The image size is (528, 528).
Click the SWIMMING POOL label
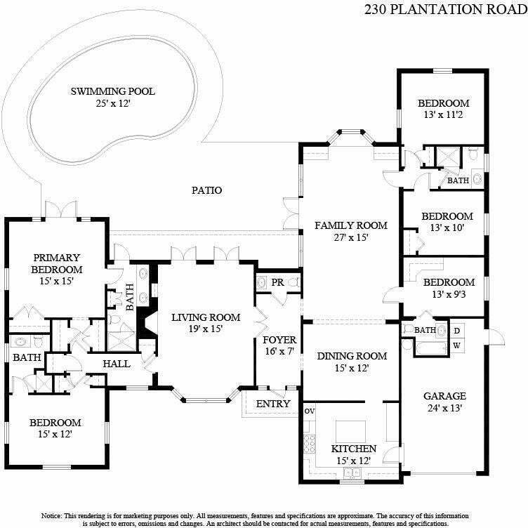point(112,91)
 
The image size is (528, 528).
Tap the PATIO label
point(206,190)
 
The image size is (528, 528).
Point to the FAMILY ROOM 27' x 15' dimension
point(351,238)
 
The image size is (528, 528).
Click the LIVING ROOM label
point(206,317)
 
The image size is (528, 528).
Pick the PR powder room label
point(277,282)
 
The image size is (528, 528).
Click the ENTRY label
point(273,404)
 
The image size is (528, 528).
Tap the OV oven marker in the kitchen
point(308,411)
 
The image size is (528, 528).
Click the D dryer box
point(456,330)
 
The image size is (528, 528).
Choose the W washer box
point(456,345)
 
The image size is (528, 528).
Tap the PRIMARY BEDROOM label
point(55,263)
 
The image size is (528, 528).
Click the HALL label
point(116,364)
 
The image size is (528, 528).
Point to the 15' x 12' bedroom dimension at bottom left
point(55,435)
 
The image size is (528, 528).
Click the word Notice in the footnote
point(56,514)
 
